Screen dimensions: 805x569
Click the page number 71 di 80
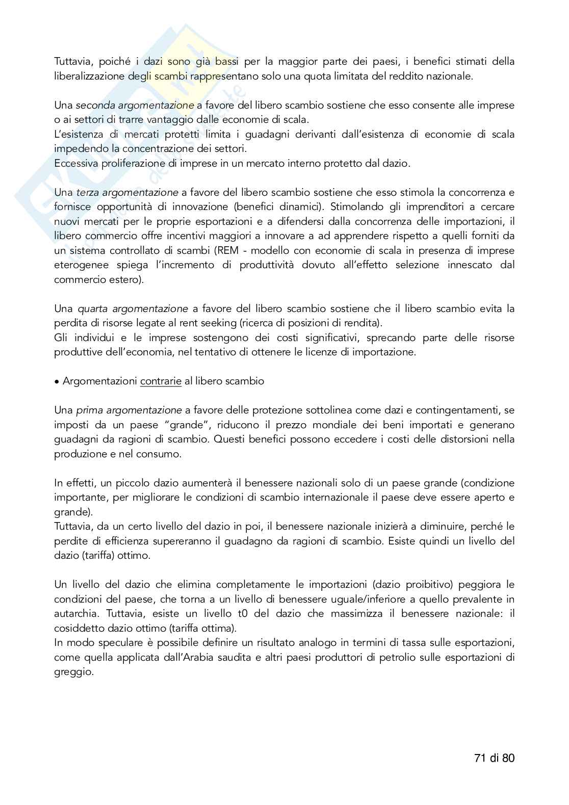[x=494, y=758]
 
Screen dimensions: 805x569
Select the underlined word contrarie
[x=161, y=381]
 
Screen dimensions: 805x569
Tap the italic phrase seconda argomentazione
[x=135, y=106]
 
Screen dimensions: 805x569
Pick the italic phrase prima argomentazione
[x=128, y=410]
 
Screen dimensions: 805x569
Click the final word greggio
[x=73, y=672]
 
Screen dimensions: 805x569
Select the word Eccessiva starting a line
[x=76, y=164]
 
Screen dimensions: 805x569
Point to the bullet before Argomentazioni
[x=57, y=381]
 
